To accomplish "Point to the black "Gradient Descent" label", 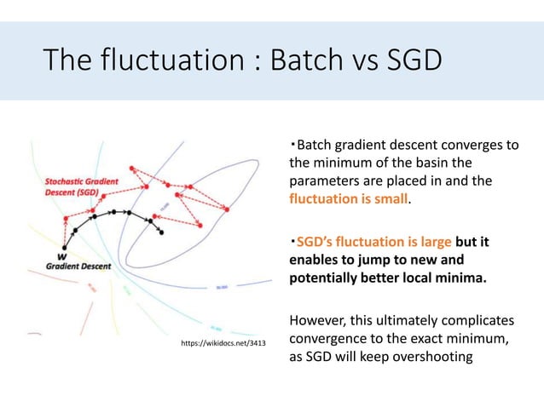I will click(x=78, y=267).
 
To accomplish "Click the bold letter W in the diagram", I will click(x=62, y=255).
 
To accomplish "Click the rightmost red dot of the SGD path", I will click(x=228, y=209).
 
